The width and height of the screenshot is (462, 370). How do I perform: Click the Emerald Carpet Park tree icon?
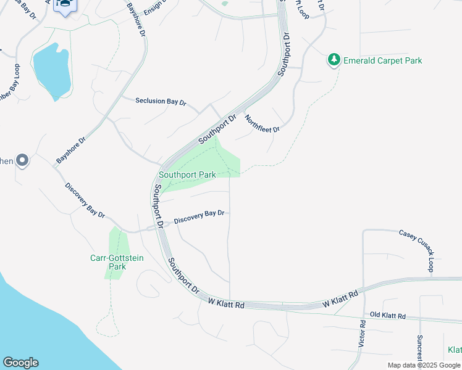click(x=334, y=60)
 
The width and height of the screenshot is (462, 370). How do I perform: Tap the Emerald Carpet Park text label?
click(x=382, y=60)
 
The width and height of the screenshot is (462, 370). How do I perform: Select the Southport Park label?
click(x=187, y=175)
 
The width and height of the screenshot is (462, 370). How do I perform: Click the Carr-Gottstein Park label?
click(x=117, y=262)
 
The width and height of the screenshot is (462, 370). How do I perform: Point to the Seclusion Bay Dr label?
click(x=161, y=102)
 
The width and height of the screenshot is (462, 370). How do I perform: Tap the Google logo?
click(x=20, y=363)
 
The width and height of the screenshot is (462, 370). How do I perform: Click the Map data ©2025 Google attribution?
click(x=424, y=365)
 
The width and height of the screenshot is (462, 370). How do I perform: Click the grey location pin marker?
click(x=22, y=161)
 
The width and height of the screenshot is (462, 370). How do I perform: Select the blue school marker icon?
click(x=64, y=4)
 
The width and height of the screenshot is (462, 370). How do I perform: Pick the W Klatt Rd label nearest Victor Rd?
click(x=341, y=300)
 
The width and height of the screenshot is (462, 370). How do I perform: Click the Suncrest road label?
click(x=419, y=348)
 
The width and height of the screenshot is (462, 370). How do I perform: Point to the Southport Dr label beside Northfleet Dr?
click(x=217, y=129)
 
